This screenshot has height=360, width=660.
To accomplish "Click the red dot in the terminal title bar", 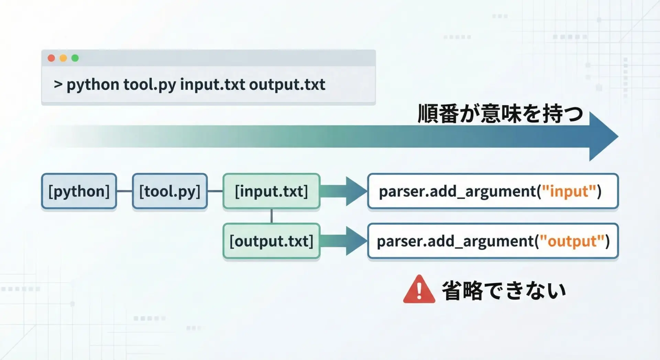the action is coord(51,58).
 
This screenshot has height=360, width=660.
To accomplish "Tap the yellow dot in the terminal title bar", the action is coord(63,58).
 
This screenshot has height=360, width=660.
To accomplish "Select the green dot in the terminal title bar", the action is coord(75,58).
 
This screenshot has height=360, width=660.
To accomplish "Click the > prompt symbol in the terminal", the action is coord(58,84).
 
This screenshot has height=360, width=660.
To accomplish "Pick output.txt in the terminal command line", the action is coord(287,85).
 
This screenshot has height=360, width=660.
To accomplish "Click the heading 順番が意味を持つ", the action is coord(500,114).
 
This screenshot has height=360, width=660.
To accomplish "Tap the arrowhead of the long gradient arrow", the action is coord(604,137).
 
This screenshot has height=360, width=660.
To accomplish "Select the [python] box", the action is coord(79,191).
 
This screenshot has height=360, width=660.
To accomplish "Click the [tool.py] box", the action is coord(170,191).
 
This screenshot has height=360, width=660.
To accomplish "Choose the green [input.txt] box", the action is coord(272,191).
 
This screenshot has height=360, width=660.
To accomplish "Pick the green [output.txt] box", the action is coord(272,241).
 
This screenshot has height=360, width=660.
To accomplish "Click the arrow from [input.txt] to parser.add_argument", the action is coord(344,191).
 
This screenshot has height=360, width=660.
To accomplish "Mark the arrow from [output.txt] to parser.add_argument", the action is coord(344,241).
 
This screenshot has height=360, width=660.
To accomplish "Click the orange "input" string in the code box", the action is coord(569,192).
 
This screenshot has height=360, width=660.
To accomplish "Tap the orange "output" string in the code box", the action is coord(572,241).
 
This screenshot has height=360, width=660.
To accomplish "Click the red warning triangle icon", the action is coord(419,290).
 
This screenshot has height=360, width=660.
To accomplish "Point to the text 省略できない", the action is coord(504,291).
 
